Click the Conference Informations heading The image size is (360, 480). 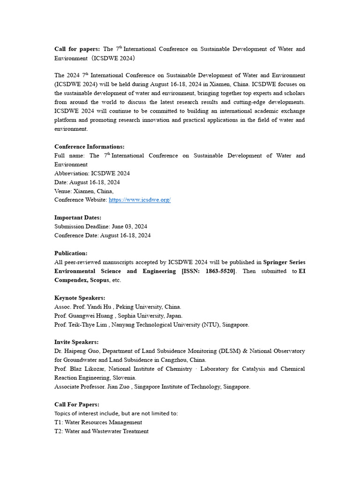89,147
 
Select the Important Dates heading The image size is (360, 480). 78,217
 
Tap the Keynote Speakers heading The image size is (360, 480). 80,298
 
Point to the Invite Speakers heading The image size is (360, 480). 76,342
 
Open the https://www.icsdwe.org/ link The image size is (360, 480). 140,200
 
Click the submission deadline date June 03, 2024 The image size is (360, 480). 129,226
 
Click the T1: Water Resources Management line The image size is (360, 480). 98,422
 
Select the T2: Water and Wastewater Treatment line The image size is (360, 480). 101,431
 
